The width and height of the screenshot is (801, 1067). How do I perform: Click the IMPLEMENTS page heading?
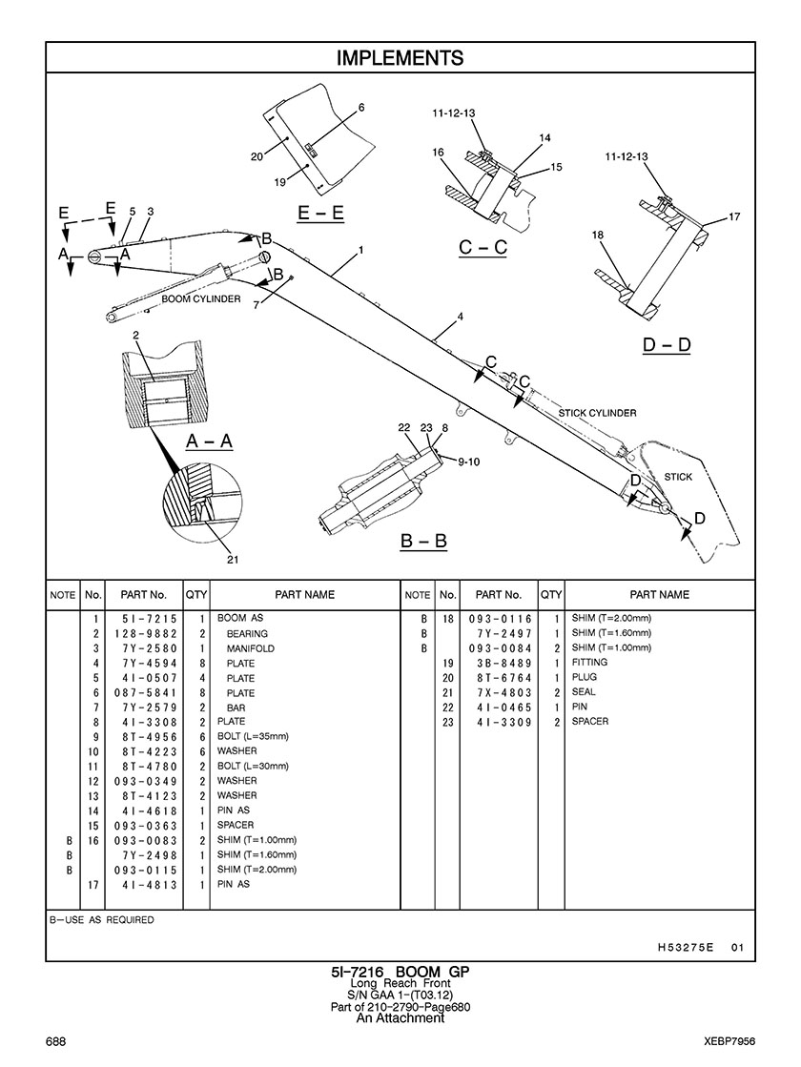tap(400, 58)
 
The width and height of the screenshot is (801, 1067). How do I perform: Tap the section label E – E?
tap(320, 214)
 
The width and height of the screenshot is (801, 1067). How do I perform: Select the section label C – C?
tap(483, 248)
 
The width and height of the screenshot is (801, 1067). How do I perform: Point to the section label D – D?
tap(666, 344)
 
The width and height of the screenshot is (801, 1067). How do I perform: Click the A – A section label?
tap(209, 441)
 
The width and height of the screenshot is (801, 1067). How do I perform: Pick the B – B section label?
tap(423, 541)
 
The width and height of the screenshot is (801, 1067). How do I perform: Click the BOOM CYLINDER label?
tap(200, 299)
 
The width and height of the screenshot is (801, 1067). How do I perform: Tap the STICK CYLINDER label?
tap(597, 413)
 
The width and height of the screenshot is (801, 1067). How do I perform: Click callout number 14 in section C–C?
tap(544, 138)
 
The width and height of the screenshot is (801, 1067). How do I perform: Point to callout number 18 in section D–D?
tap(597, 235)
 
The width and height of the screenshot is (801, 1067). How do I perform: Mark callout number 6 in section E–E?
tap(361, 107)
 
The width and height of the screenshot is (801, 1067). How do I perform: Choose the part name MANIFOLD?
tap(250, 648)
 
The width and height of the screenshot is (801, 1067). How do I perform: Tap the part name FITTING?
tap(589, 663)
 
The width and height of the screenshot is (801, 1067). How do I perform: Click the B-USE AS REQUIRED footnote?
tap(101, 920)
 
